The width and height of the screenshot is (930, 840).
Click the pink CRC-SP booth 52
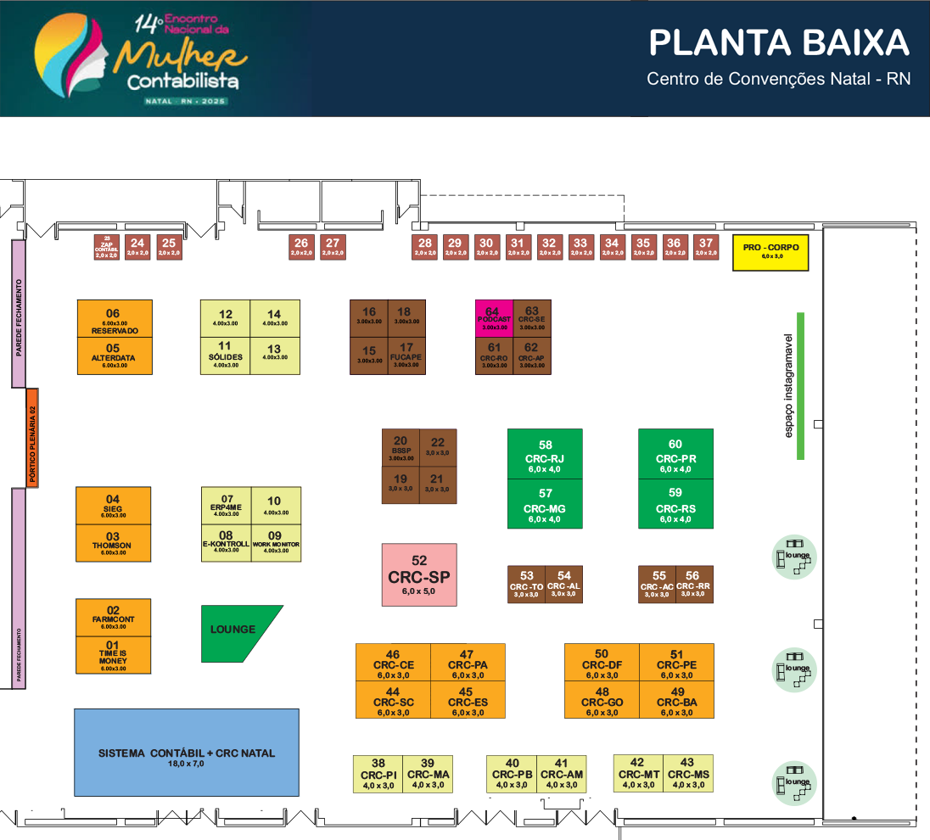pyautogui.click(x=419, y=574)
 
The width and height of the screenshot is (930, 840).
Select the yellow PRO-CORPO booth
pyautogui.click(x=770, y=252)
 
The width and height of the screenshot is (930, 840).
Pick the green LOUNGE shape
pyautogui.click(x=238, y=632)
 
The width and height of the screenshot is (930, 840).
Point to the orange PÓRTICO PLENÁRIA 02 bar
pyautogui.click(x=32, y=438)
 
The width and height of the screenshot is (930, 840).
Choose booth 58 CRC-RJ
pyautogui.click(x=545, y=455)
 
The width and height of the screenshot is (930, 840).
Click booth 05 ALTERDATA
pyautogui.click(x=115, y=355)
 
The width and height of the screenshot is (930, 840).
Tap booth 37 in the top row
pyautogui.click(x=705, y=246)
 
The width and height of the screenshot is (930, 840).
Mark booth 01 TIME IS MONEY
pyautogui.click(x=114, y=656)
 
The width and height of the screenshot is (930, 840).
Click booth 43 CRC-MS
pyautogui.click(x=688, y=773)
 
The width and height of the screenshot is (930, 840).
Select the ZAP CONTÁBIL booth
pyautogui.click(x=106, y=246)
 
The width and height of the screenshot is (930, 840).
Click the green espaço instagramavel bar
pyautogui.click(x=799, y=386)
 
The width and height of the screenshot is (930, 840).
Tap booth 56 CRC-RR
pyautogui.click(x=694, y=585)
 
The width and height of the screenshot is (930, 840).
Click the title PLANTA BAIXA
pyautogui.click(x=778, y=42)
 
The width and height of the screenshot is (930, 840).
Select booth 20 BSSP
pyautogui.click(x=401, y=447)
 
